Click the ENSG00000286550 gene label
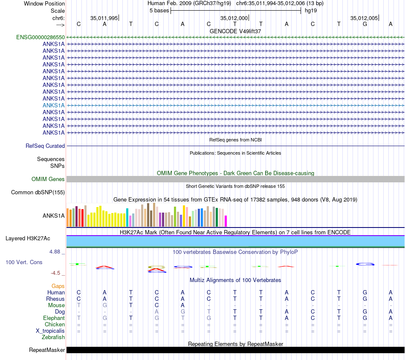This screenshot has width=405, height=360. (40, 37)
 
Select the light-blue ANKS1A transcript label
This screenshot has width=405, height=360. (54, 105)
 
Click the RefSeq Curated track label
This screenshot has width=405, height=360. (45, 146)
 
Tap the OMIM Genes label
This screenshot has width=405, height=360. (48, 179)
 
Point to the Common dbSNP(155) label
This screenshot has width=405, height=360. (38, 193)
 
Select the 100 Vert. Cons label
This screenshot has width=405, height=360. (24, 262)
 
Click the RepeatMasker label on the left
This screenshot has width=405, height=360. (47, 350)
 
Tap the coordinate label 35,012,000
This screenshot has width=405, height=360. (234, 18)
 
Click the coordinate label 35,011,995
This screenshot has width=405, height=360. (104, 18)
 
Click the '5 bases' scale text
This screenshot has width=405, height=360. (159, 11)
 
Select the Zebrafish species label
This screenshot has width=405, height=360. (53, 337)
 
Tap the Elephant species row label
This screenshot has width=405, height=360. (54, 318)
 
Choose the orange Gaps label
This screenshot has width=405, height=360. (58, 286)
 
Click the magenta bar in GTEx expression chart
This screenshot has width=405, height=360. (226, 221)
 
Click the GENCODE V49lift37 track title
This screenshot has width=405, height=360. (235, 31)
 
